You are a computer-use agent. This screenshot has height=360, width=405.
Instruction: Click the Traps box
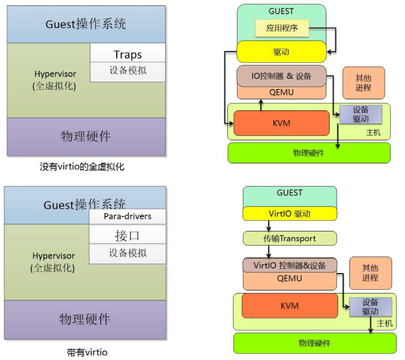click(x=128, y=54)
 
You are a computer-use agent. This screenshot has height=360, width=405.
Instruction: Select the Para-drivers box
click(x=128, y=216)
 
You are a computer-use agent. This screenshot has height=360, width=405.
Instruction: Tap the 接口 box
click(x=128, y=236)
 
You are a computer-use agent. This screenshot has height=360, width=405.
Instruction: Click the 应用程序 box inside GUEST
click(x=282, y=28)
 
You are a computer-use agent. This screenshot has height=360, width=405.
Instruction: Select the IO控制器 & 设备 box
click(x=281, y=76)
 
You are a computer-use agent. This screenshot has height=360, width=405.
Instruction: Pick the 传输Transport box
click(x=289, y=238)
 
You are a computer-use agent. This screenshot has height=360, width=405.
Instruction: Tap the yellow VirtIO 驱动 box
click(x=289, y=213)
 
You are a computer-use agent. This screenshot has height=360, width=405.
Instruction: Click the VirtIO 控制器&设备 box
click(x=289, y=265)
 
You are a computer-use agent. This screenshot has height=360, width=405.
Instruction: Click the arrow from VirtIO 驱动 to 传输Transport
click(x=269, y=226)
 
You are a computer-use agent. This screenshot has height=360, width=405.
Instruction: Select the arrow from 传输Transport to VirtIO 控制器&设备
click(x=269, y=251)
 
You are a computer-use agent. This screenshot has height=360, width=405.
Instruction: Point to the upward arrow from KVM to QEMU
click(x=261, y=105)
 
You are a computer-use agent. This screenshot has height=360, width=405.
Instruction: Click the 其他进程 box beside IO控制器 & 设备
click(x=363, y=83)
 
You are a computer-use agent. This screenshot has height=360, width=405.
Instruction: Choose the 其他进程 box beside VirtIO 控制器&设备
click(x=370, y=273)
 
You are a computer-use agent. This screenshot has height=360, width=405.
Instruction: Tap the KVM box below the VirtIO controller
click(x=289, y=306)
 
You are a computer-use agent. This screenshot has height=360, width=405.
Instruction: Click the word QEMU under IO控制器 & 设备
click(x=281, y=92)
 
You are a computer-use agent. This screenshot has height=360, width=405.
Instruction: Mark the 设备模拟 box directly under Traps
click(x=128, y=71)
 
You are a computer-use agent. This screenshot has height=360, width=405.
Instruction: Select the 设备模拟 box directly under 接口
click(x=128, y=253)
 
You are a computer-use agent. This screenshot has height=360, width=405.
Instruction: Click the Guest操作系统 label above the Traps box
click(x=86, y=24)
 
